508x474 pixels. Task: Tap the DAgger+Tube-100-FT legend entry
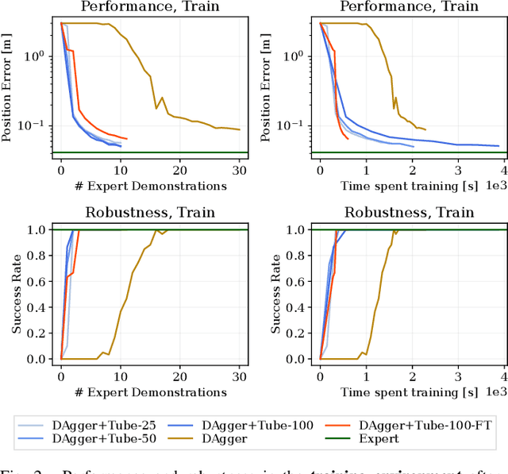click(429, 424)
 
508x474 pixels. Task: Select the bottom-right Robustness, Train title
click(409, 212)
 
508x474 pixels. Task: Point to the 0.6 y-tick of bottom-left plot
click(36, 281)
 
